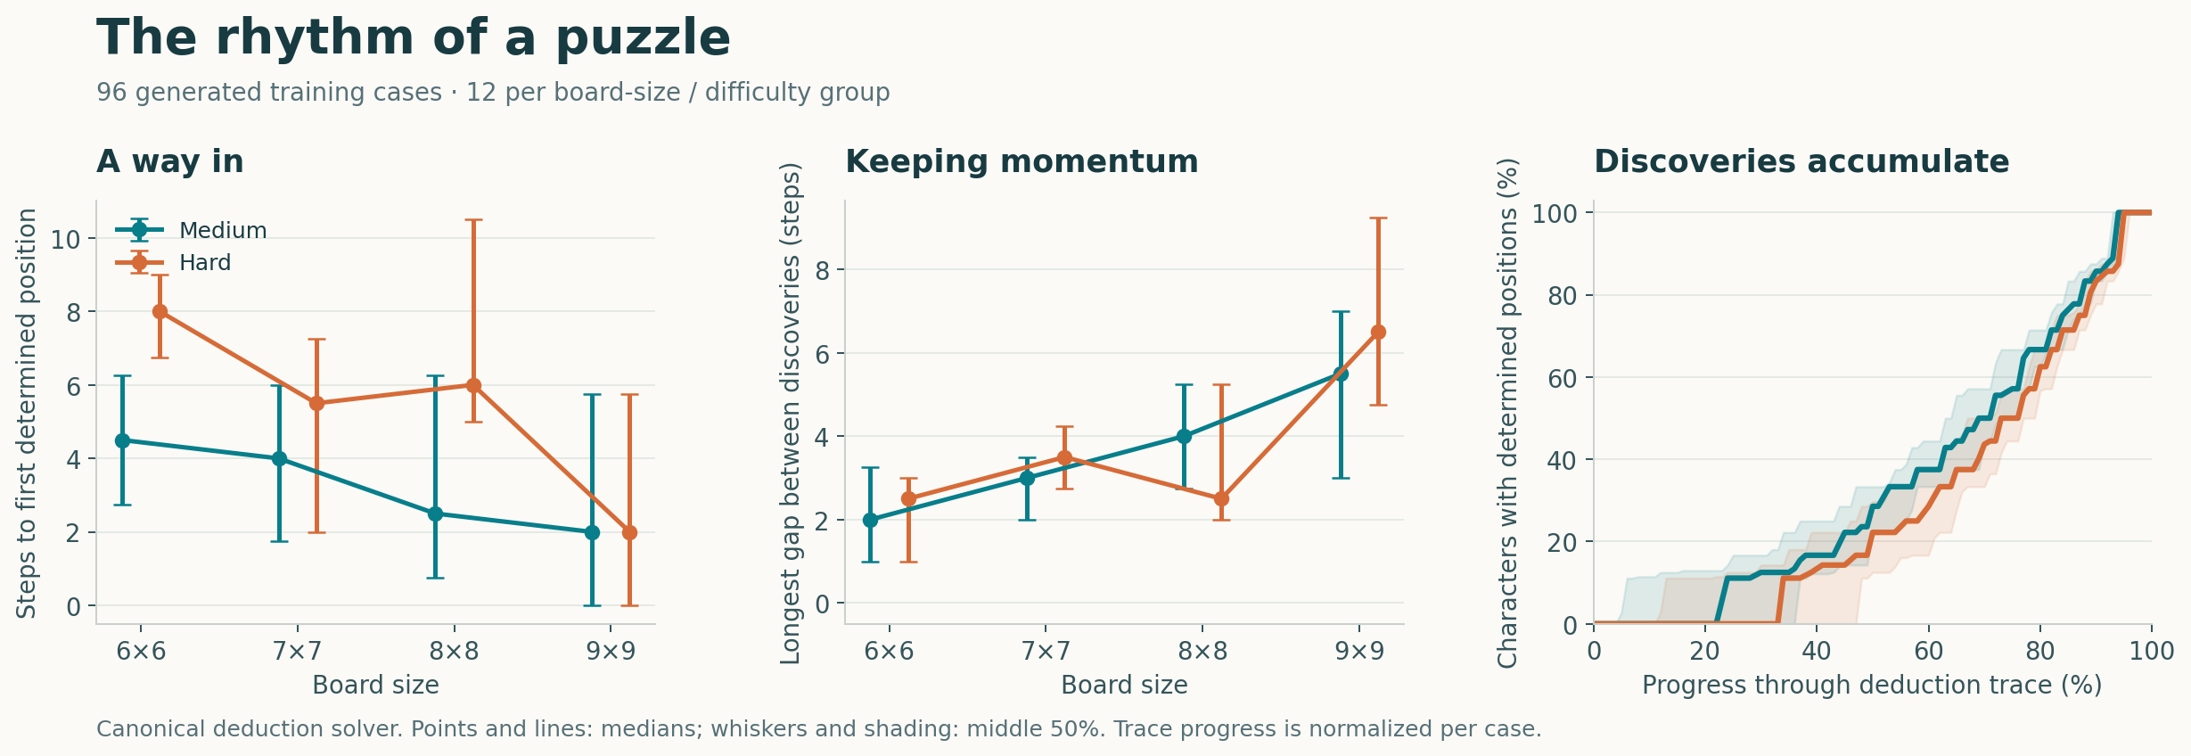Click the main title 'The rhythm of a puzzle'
pyautogui.click(x=414, y=38)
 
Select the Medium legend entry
pyautogui.click(x=191, y=230)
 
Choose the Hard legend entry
pyautogui.click(x=173, y=263)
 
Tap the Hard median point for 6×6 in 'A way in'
pyautogui.click(x=160, y=312)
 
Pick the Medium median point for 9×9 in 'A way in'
pyautogui.click(x=592, y=532)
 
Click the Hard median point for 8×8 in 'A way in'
pyautogui.click(x=473, y=385)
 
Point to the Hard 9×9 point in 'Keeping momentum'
pyautogui.click(x=1378, y=332)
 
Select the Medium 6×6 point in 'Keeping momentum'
pyautogui.click(x=871, y=520)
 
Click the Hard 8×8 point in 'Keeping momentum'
pyautogui.click(x=1221, y=498)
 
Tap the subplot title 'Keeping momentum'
pyautogui.click(x=1022, y=161)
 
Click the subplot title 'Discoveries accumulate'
pyautogui.click(x=1801, y=161)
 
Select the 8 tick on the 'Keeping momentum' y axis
pyautogui.click(x=822, y=270)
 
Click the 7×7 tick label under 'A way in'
pyautogui.click(x=298, y=651)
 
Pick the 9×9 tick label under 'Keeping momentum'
pyautogui.click(x=1360, y=651)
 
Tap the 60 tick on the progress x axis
pyautogui.click(x=1929, y=651)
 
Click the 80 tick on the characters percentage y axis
pyautogui.click(x=1563, y=296)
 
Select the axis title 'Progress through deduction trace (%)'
pyautogui.click(x=1872, y=685)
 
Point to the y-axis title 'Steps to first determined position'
pyautogui.click(x=27, y=413)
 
